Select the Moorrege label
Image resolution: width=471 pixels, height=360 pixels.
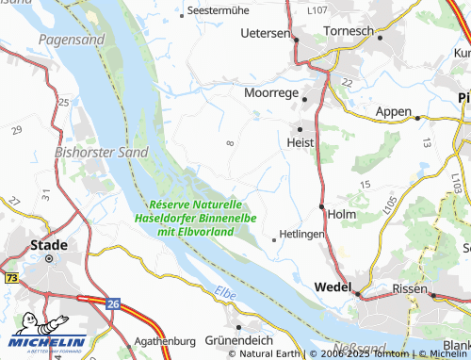point(271,94)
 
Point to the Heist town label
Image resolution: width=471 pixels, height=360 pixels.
point(300,141)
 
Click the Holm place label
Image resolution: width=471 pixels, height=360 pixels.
point(341,213)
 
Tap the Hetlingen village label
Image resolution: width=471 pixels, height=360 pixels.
point(301,234)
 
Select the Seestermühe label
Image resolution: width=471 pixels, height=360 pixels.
point(219,9)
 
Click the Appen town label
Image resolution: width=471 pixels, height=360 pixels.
point(393,111)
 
